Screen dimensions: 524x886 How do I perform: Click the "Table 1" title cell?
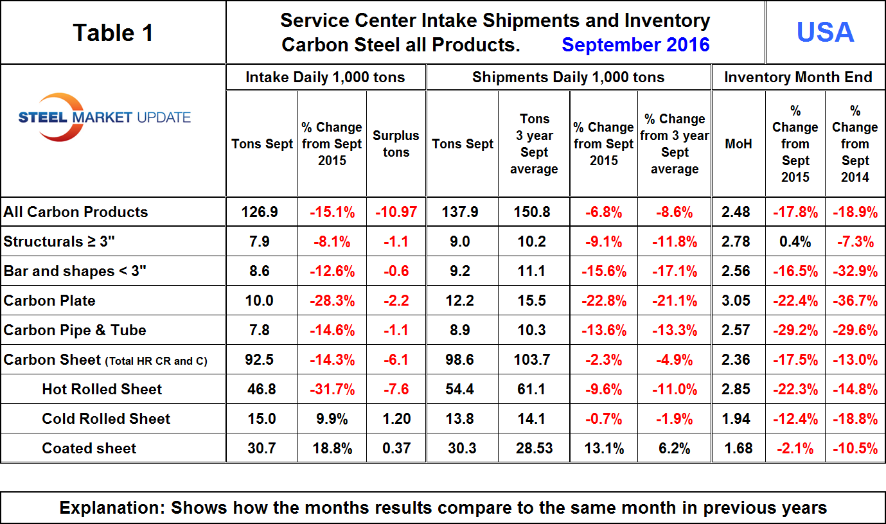113,32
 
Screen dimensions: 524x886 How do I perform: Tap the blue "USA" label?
825,32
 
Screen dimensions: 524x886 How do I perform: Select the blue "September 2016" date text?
635,45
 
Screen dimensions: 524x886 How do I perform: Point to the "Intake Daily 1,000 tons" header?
325,78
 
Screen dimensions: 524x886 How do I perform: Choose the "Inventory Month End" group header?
798,78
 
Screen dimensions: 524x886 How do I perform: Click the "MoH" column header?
738,144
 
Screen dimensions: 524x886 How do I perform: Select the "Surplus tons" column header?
396,144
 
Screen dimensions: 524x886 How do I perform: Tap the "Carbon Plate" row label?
49,301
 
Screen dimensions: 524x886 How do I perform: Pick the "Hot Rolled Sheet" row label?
102,389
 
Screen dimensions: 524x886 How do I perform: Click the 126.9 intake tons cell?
262,212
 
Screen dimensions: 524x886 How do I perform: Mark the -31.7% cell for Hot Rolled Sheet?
332,389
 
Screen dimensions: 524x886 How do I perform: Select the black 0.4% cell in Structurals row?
795,241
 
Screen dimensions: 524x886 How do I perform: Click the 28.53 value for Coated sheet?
534,448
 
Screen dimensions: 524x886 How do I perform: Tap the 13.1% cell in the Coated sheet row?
603,448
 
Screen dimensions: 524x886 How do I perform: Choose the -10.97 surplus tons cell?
396,212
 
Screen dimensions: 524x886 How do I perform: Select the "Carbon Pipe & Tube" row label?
75,330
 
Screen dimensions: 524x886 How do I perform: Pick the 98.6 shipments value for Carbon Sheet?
463,360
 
